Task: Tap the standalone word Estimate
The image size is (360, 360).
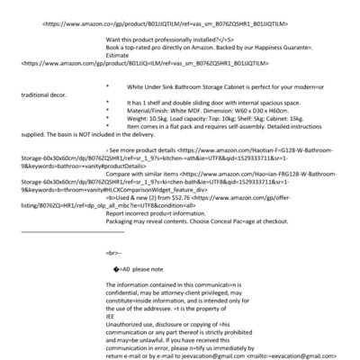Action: (x=120, y=56)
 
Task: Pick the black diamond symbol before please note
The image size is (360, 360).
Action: (x=118, y=268)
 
